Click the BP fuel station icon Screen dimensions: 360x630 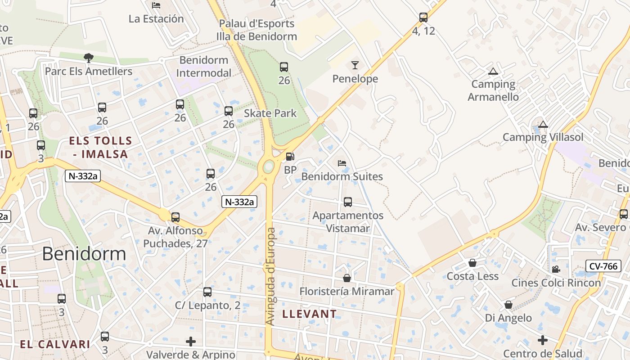(x=290, y=157)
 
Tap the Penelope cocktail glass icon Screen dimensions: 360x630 (x=355, y=65)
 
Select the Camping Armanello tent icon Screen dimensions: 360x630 (x=493, y=71)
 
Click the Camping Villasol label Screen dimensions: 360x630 (x=543, y=137)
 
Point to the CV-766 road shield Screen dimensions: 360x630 (x=603, y=266)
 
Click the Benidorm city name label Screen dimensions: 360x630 (x=84, y=254)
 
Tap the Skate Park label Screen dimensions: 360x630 (x=270, y=113)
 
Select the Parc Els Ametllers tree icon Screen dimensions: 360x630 (x=89, y=58)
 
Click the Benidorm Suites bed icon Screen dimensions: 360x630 (x=342, y=163)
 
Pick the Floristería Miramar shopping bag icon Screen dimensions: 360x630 (x=346, y=278)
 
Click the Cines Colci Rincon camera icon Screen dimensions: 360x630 (x=556, y=269)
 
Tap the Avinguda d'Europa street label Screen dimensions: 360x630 (x=270, y=276)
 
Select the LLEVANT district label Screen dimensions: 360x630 (x=309, y=314)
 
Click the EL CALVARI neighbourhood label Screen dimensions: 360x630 (x=55, y=344)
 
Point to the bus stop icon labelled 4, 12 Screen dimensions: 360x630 (x=423, y=18)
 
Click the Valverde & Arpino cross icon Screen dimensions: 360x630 (x=191, y=341)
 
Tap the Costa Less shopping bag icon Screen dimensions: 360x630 (x=472, y=263)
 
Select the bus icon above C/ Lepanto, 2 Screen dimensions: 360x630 (x=207, y=292)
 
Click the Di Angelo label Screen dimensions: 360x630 (x=508, y=318)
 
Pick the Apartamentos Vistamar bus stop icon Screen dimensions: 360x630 (x=348, y=202)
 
